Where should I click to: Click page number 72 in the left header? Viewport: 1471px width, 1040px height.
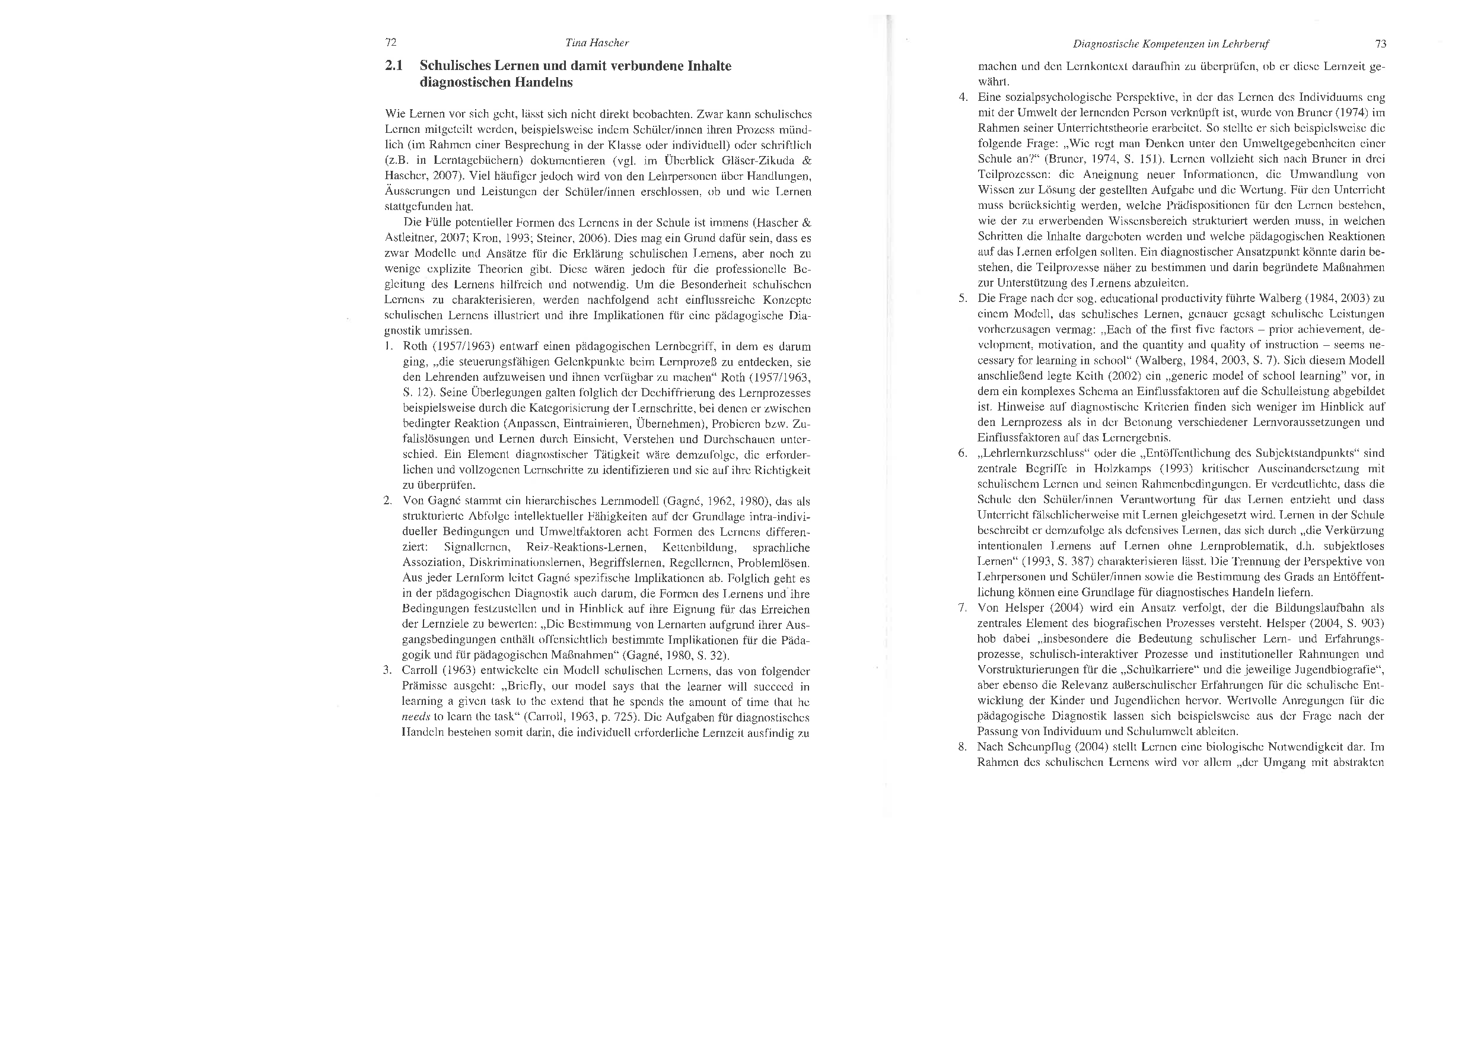pos(391,43)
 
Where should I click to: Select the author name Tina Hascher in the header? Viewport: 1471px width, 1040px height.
pos(597,43)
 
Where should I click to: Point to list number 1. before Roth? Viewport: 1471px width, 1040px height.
pos(389,346)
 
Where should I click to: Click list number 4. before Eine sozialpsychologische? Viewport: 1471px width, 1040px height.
pos(962,97)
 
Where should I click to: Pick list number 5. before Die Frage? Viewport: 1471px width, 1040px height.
pos(962,298)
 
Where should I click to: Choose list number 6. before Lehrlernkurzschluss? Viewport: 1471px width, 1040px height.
pos(962,454)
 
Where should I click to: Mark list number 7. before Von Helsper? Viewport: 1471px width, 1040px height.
pos(962,608)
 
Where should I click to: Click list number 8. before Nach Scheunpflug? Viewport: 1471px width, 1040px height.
pos(962,747)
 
